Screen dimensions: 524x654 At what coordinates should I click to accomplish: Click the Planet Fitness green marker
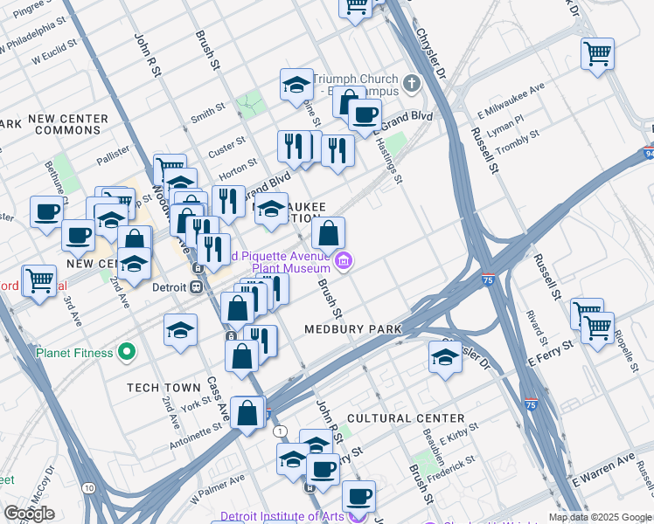pyautogui.click(x=128, y=353)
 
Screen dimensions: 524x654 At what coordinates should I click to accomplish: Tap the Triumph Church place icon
pyautogui.click(x=412, y=84)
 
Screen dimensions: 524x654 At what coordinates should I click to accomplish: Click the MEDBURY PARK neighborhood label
pyautogui.click(x=352, y=329)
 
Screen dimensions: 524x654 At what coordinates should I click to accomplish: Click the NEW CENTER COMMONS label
pyautogui.click(x=67, y=124)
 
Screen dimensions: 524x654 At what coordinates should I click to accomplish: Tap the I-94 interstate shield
pyautogui.click(x=648, y=155)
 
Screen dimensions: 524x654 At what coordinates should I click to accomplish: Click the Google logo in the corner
pyautogui.click(x=29, y=513)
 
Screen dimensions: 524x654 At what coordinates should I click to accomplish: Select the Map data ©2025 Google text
pyautogui.click(x=600, y=517)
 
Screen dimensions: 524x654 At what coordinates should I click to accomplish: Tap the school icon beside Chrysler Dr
pyautogui.click(x=445, y=356)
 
